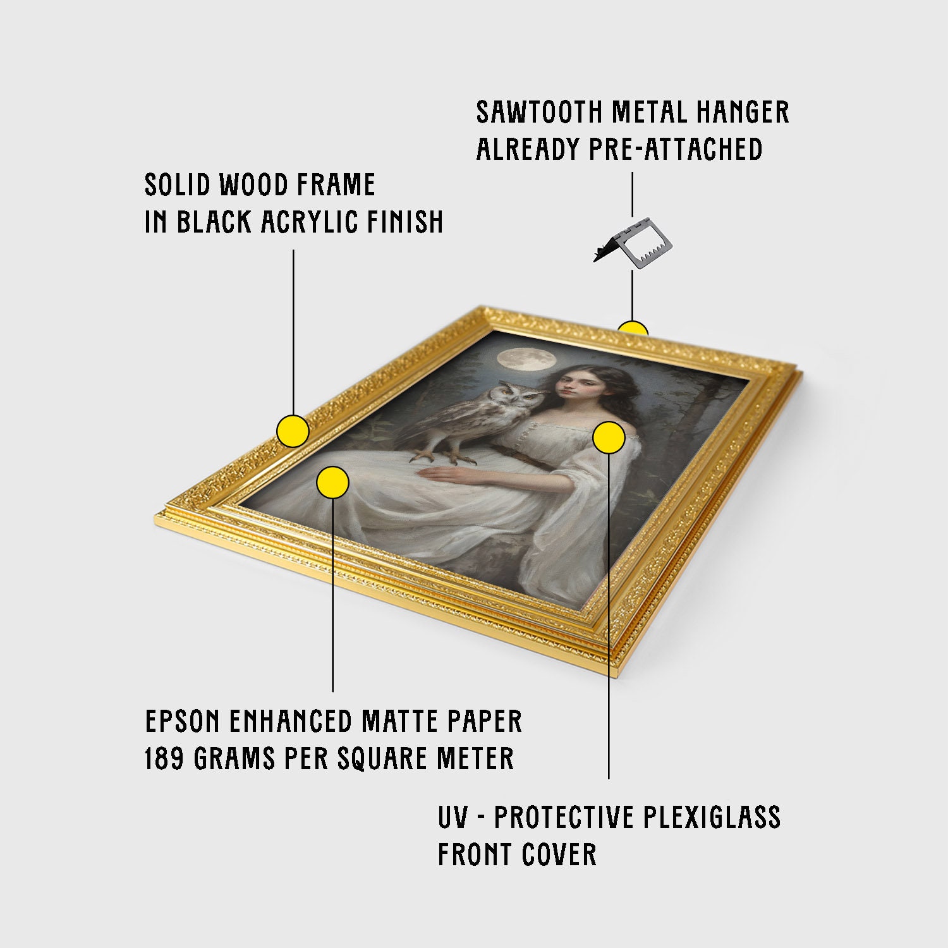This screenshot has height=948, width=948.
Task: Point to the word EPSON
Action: (183, 721)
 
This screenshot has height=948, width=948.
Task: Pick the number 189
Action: (166, 758)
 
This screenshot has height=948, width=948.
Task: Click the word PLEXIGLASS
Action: (712, 817)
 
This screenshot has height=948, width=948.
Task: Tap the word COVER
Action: (559, 854)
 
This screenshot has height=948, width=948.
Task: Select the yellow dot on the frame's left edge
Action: (293, 432)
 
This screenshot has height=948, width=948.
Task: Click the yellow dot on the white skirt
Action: (332, 483)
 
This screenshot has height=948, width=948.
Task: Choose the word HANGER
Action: (743, 112)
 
